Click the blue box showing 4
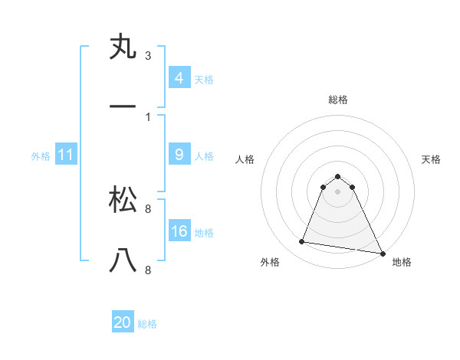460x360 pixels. (x=179, y=78)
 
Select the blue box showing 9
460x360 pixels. (x=179, y=155)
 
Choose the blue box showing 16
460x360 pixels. (x=179, y=231)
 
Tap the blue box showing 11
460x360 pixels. (x=66, y=155)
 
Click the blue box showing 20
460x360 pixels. (x=123, y=322)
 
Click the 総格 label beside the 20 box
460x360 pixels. (x=147, y=324)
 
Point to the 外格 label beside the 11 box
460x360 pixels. (x=41, y=155)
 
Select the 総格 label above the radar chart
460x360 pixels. (x=338, y=100)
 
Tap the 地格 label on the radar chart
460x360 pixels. (x=402, y=262)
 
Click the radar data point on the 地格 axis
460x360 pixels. (x=382, y=253)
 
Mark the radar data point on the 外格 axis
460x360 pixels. (x=302, y=242)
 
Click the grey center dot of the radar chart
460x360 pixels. (x=338, y=191)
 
